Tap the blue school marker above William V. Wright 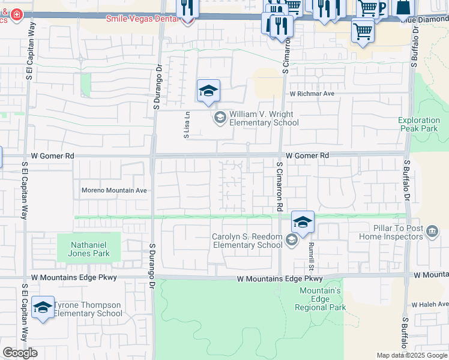[x=208, y=91]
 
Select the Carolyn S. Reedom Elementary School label [x=247, y=241]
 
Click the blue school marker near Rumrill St [x=303, y=223]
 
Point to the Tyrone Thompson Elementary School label [x=88, y=309]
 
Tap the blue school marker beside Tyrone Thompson [x=43, y=308]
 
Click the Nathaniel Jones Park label [x=89, y=249]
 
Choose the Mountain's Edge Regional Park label [x=320, y=299]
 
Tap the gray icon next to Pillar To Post [x=432, y=232]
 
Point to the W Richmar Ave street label [x=312, y=94]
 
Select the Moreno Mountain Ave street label [x=114, y=191]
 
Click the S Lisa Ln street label [x=187, y=125]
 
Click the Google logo [x=20, y=353]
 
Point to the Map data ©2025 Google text [x=412, y=355]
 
